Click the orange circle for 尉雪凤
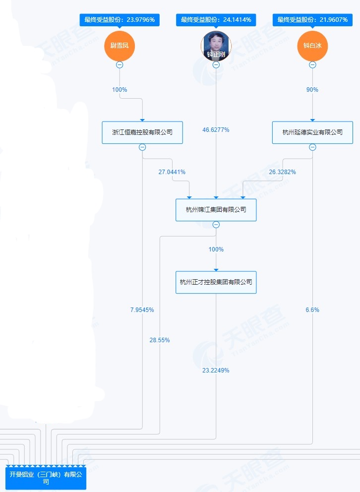point(120,46)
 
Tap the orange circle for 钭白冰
point(312,46)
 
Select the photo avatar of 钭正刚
point(216,46)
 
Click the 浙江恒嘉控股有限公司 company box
point(142,132)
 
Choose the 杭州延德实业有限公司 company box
point(312,132)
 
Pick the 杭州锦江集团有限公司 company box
point(216,210)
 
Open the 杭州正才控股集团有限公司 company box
point(216,282)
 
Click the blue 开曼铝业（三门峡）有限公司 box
point(46,478)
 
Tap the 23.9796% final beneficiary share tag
point(120,20)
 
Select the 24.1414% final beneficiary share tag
point(216,20)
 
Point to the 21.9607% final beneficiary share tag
point(312,20)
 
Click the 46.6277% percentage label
point(216,130)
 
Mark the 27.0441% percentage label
point(172,172)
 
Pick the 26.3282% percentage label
point(283,172)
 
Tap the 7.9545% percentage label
point(142,310)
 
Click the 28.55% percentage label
point(160,340)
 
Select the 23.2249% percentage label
point(216,370)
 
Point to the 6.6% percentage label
point(312,310)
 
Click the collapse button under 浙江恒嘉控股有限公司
point(142,147)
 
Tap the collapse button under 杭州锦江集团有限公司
point(216,225)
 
